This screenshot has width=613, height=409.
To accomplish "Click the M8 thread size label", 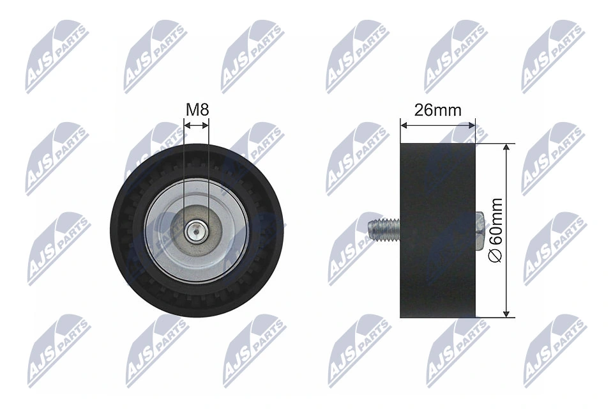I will click(x=197, y=110).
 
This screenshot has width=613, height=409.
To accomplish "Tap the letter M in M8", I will click(x=192, y=110).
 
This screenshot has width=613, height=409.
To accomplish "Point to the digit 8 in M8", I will click(x=204, y=110).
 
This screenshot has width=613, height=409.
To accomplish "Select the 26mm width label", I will click(x=437, y=110).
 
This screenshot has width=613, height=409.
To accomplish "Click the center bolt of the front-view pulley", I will click(x=196, y=230).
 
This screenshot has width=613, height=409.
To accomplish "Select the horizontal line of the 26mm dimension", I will click(x=438, y=126).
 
